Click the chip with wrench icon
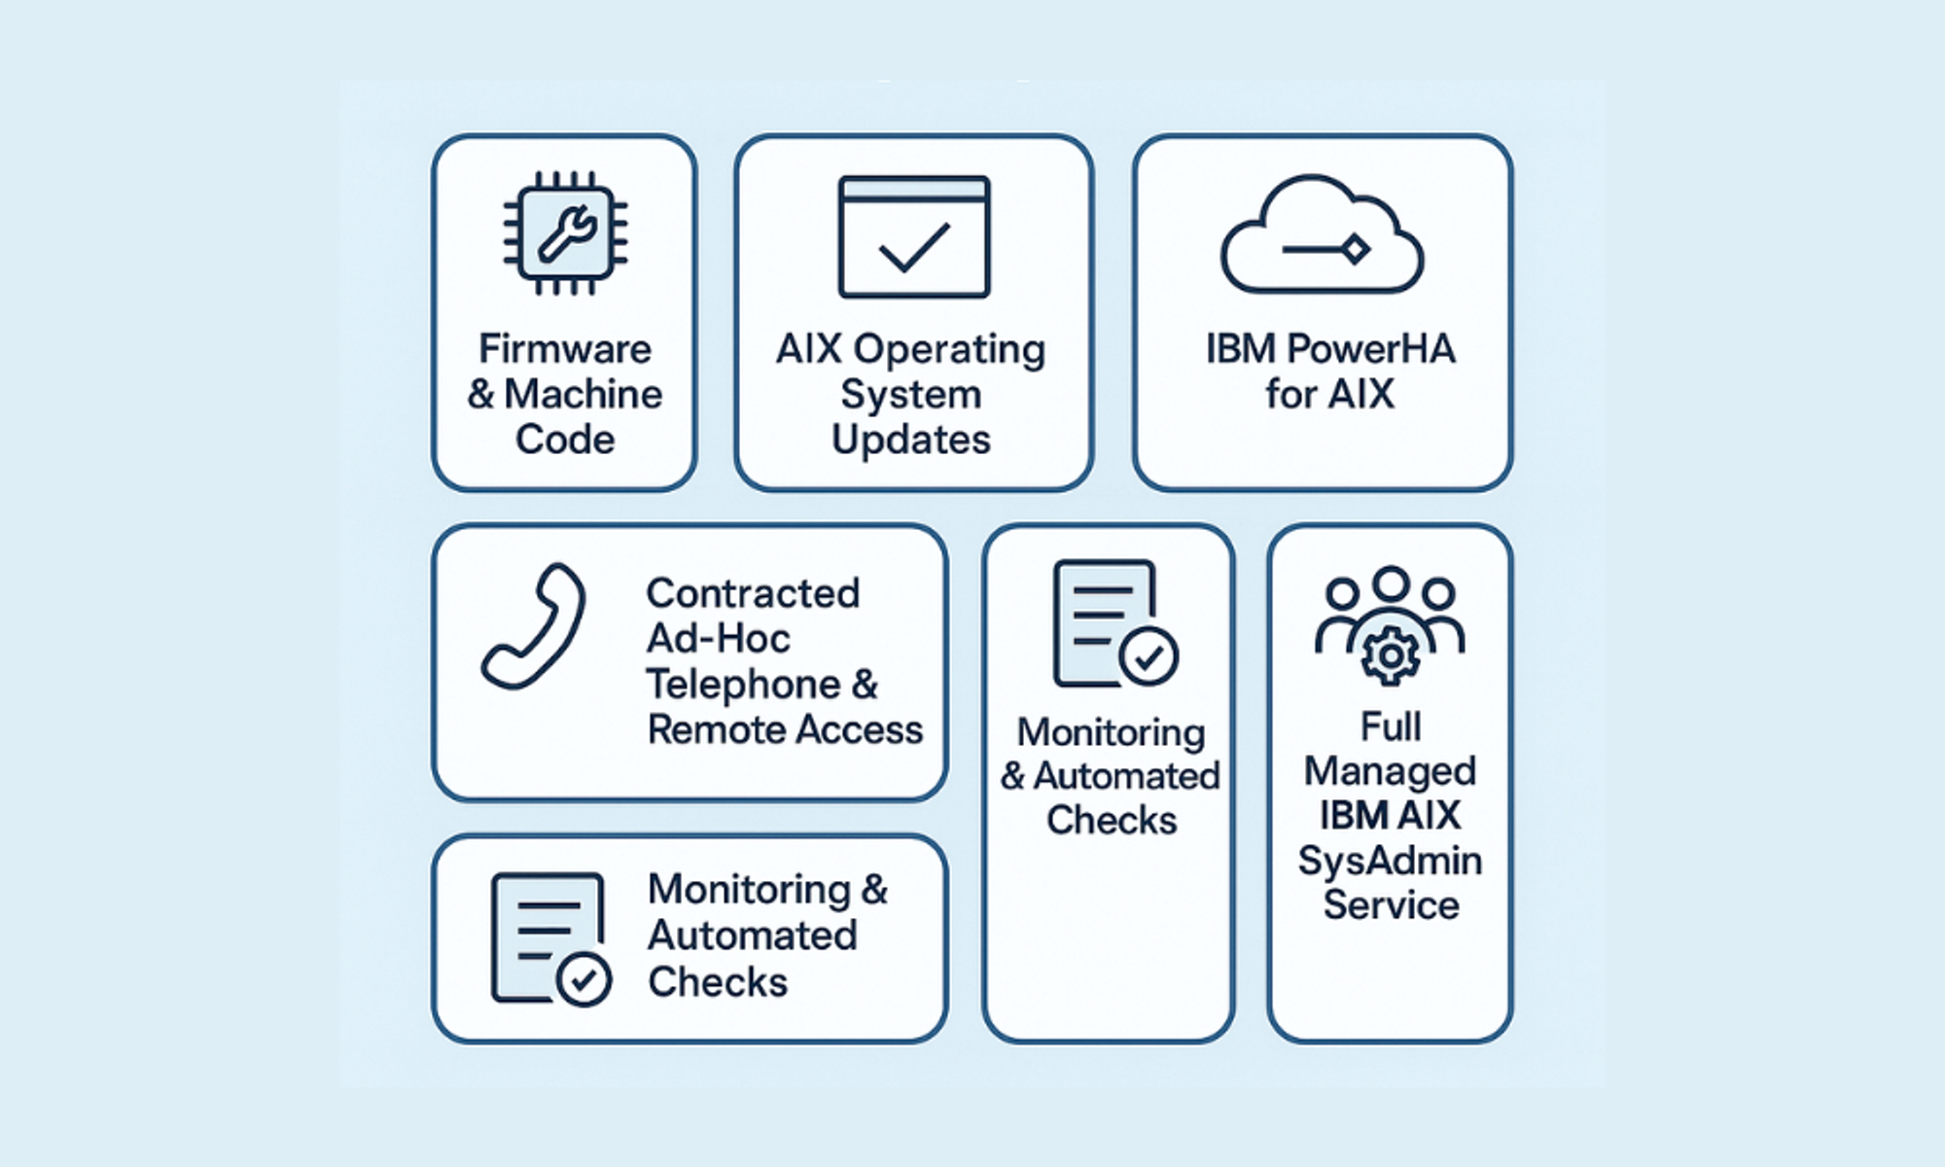point(565,233)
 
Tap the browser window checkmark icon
point(914,236)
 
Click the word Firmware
point(565,348)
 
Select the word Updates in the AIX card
point(911,440)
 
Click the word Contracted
point(754,593)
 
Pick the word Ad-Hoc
point(719,639)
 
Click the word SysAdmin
point(1391,862)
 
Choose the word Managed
point(1391,771)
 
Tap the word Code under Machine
point(565,440)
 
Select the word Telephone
point(744,685)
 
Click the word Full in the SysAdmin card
point(1391,726)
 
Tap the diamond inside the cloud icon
point(1355,250)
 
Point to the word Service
point(1392,905)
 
